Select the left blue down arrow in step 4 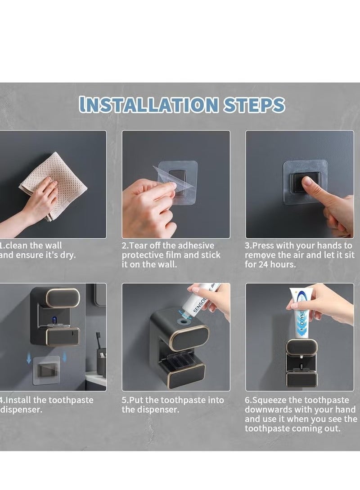coord(29,358)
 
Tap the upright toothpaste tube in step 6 coord(300,313)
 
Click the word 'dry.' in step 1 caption coord(68,255)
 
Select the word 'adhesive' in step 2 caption coord(194,245)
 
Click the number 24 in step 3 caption coord(264,265)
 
